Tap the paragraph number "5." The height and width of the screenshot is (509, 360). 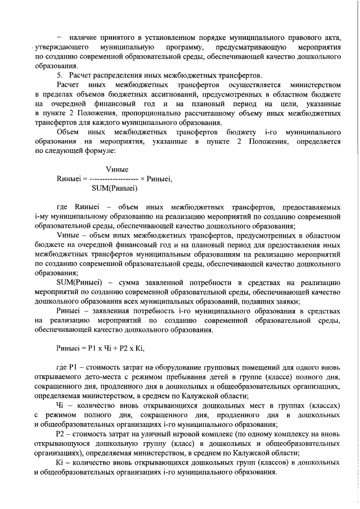61,75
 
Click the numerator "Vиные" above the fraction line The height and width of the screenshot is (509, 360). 117,169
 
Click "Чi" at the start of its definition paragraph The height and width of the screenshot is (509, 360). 61,406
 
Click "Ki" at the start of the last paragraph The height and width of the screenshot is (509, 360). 61,462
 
